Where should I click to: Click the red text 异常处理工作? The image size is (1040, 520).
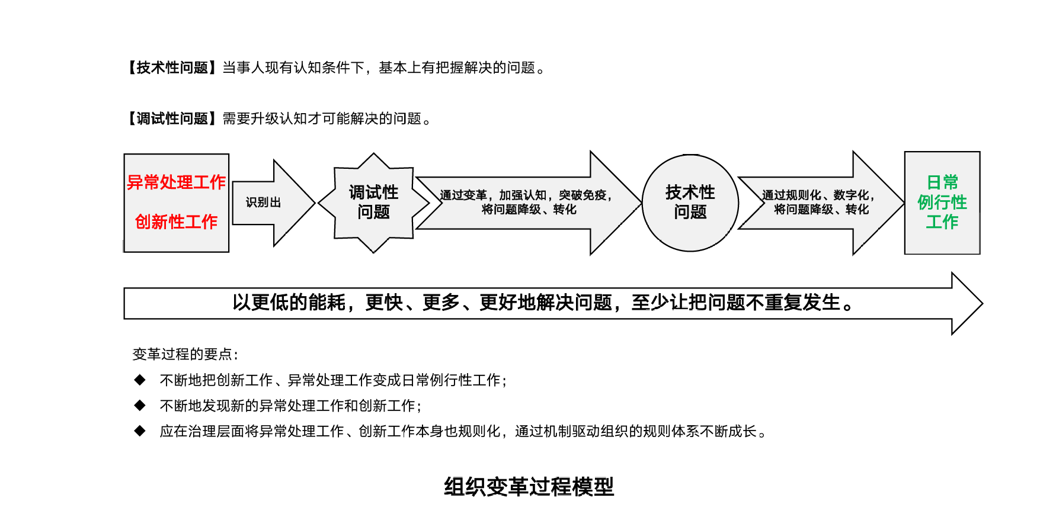click(176, 182)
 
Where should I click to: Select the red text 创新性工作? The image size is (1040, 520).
click(176, 222)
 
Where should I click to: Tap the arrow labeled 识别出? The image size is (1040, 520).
click(264, 203)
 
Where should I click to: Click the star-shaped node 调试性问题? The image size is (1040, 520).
click(373, 202)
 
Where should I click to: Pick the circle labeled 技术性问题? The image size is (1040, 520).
click(690, 202)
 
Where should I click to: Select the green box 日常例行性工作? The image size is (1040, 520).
click(942, 202)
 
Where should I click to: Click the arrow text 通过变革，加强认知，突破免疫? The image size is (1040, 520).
click(526, 195)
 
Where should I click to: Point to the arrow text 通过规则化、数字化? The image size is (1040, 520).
click(818, 195)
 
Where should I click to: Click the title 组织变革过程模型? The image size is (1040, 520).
click(529, 487)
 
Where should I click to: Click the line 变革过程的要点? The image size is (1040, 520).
click(185, 354)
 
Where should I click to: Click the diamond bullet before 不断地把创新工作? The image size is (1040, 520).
click(140, 380)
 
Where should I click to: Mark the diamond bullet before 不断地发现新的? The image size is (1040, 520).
click(140, 405)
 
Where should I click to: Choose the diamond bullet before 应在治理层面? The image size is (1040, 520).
click(140, 431)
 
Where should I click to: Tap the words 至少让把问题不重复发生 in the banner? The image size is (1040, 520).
click(735, 303)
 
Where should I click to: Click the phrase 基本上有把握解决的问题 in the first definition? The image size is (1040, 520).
click(457, 68)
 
